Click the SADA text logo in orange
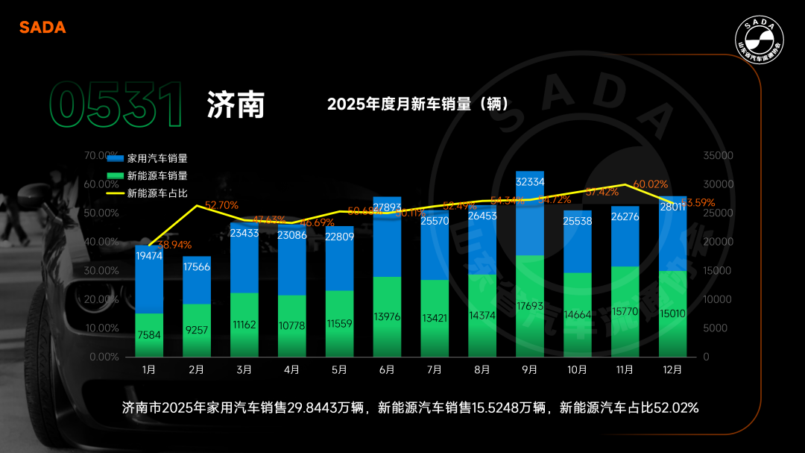[42, 28]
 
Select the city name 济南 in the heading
[236, 105]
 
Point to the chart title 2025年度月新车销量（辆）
[418, 104]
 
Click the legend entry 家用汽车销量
[148, 158]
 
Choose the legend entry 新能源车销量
[148, 176]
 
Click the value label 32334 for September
[530, 181]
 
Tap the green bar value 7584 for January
[149, 336]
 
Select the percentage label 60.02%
[651, 184]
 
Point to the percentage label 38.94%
[174, 245]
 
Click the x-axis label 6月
[387, 369]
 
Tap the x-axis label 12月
[672, 369]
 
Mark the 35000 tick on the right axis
[719, 156]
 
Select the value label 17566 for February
[197, 266]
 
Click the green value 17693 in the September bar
[530, 305]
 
